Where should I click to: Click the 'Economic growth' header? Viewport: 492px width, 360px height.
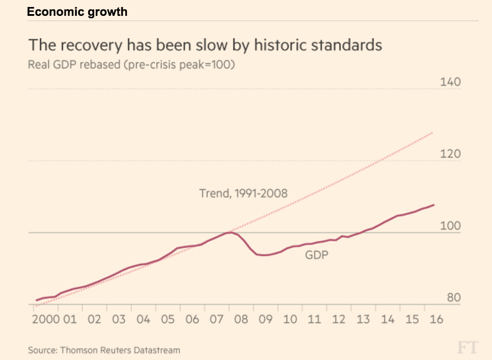77,12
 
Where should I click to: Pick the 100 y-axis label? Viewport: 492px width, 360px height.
450,227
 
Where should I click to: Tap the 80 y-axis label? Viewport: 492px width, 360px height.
453,298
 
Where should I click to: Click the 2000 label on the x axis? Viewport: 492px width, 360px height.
44,319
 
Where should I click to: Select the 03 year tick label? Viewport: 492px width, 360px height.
119,319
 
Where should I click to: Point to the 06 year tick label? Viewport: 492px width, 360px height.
192,319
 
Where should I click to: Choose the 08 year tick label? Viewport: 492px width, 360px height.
241,319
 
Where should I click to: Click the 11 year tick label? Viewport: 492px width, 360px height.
314,319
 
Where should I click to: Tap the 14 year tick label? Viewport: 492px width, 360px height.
387,319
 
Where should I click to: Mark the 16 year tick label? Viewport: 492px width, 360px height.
436,319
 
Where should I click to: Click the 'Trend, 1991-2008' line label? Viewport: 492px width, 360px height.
243,193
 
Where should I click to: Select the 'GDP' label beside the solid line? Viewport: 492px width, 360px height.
316,255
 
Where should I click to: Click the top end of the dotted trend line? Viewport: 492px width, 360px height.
433,133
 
